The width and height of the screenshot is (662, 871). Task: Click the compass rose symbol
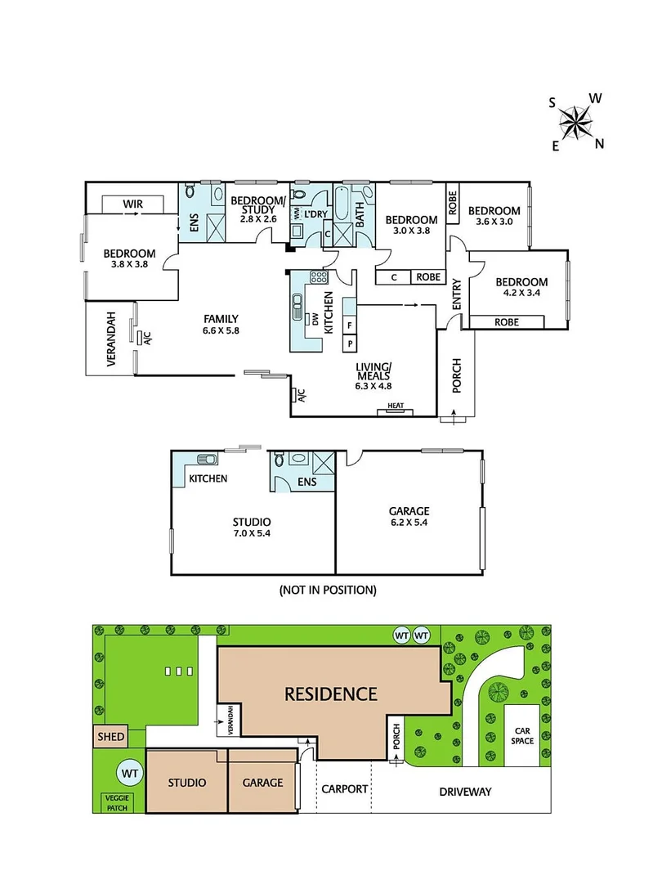point(577,123)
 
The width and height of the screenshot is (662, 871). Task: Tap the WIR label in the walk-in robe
point(133,203)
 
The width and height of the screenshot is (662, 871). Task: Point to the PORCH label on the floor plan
point(456,375)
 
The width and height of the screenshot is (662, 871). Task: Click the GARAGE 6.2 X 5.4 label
point(409,518)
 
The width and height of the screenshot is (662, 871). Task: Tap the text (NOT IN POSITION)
point(327,589)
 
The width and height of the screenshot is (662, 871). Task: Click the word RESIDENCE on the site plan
point(330,694)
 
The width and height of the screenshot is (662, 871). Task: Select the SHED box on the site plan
point(111,736)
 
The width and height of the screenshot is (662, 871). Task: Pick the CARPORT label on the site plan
point(344,789)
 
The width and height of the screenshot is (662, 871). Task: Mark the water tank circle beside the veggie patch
point(128,771)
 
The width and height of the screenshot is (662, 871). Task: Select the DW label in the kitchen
point(315,319)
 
